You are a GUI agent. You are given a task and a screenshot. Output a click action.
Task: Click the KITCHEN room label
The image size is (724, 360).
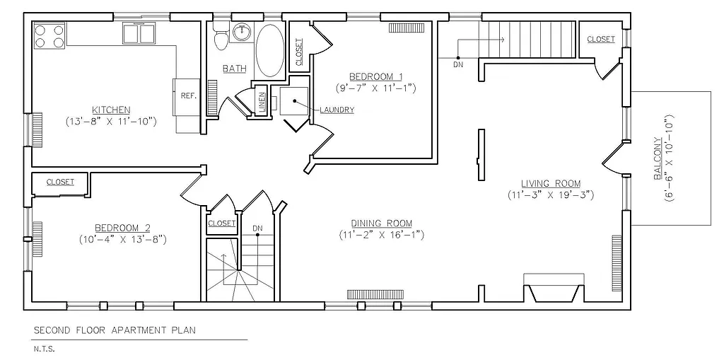point(110,110)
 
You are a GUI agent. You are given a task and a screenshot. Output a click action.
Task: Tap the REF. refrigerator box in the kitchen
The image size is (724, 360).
point(188,95)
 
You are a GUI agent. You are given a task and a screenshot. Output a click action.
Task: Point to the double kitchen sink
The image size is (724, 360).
point(139,33)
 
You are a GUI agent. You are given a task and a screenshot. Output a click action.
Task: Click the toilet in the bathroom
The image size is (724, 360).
point(221,37)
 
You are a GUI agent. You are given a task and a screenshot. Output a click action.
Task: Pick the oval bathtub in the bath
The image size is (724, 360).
point(269,50)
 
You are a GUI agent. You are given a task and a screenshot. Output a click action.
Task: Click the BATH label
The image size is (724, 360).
point(234,69)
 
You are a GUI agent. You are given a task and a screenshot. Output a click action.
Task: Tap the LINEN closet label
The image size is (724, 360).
point(262,101)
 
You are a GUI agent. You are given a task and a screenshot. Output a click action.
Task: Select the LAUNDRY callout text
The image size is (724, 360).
point(337,110)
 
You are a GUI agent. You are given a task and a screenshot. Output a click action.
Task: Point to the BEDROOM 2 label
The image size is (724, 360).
point(123,228)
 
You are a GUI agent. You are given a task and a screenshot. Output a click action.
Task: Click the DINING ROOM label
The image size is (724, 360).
point(381,223)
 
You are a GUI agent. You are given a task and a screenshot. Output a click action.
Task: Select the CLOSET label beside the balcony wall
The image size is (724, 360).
point(600,40)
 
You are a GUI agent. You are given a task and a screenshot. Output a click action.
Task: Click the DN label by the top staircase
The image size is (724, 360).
point(458,65)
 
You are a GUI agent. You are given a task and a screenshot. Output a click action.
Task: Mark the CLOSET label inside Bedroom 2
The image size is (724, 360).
point(60,182)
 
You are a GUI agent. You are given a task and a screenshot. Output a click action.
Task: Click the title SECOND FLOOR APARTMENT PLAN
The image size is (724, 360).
point(114,330)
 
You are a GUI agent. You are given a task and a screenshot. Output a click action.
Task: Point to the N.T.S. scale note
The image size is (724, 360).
point(43,349)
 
